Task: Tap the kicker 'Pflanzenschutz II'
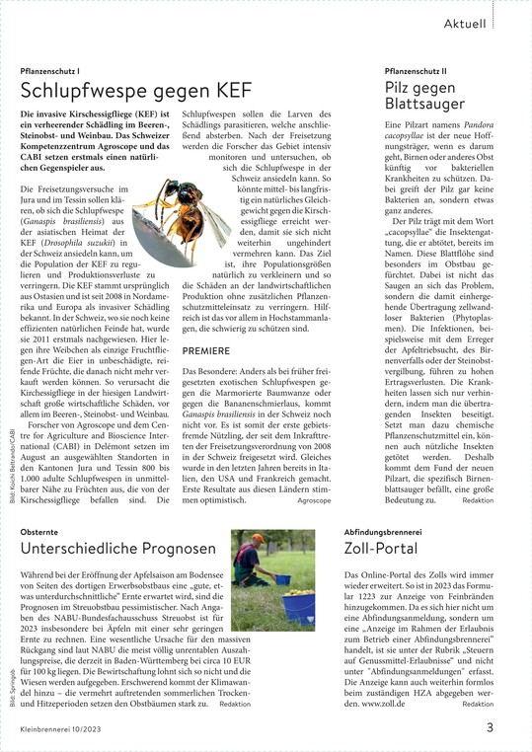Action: [416, 72]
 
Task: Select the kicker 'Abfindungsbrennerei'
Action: [382, 531]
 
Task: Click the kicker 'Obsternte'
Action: [44, 531]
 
